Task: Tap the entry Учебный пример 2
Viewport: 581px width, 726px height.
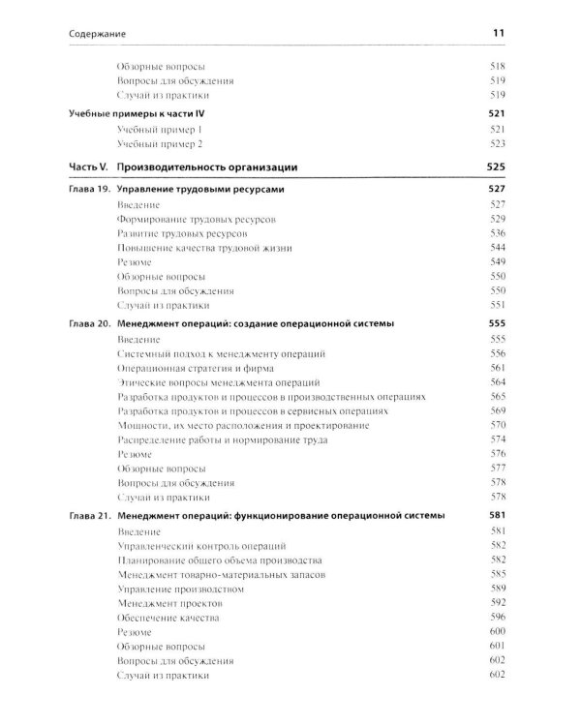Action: [x=160, y=143]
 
